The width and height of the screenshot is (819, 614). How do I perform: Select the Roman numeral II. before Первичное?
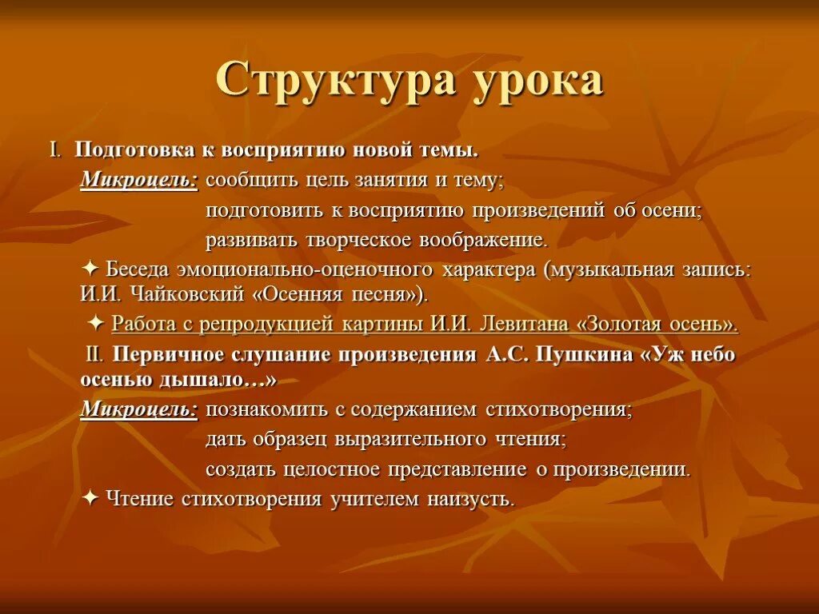click(x=96, y=355)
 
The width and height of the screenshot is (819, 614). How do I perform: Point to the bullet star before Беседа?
click(x=90, y=269)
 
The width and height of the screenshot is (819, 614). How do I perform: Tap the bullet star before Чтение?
click(x=90, y=498)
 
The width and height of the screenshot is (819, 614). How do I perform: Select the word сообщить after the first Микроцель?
click(x=251, y=181)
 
